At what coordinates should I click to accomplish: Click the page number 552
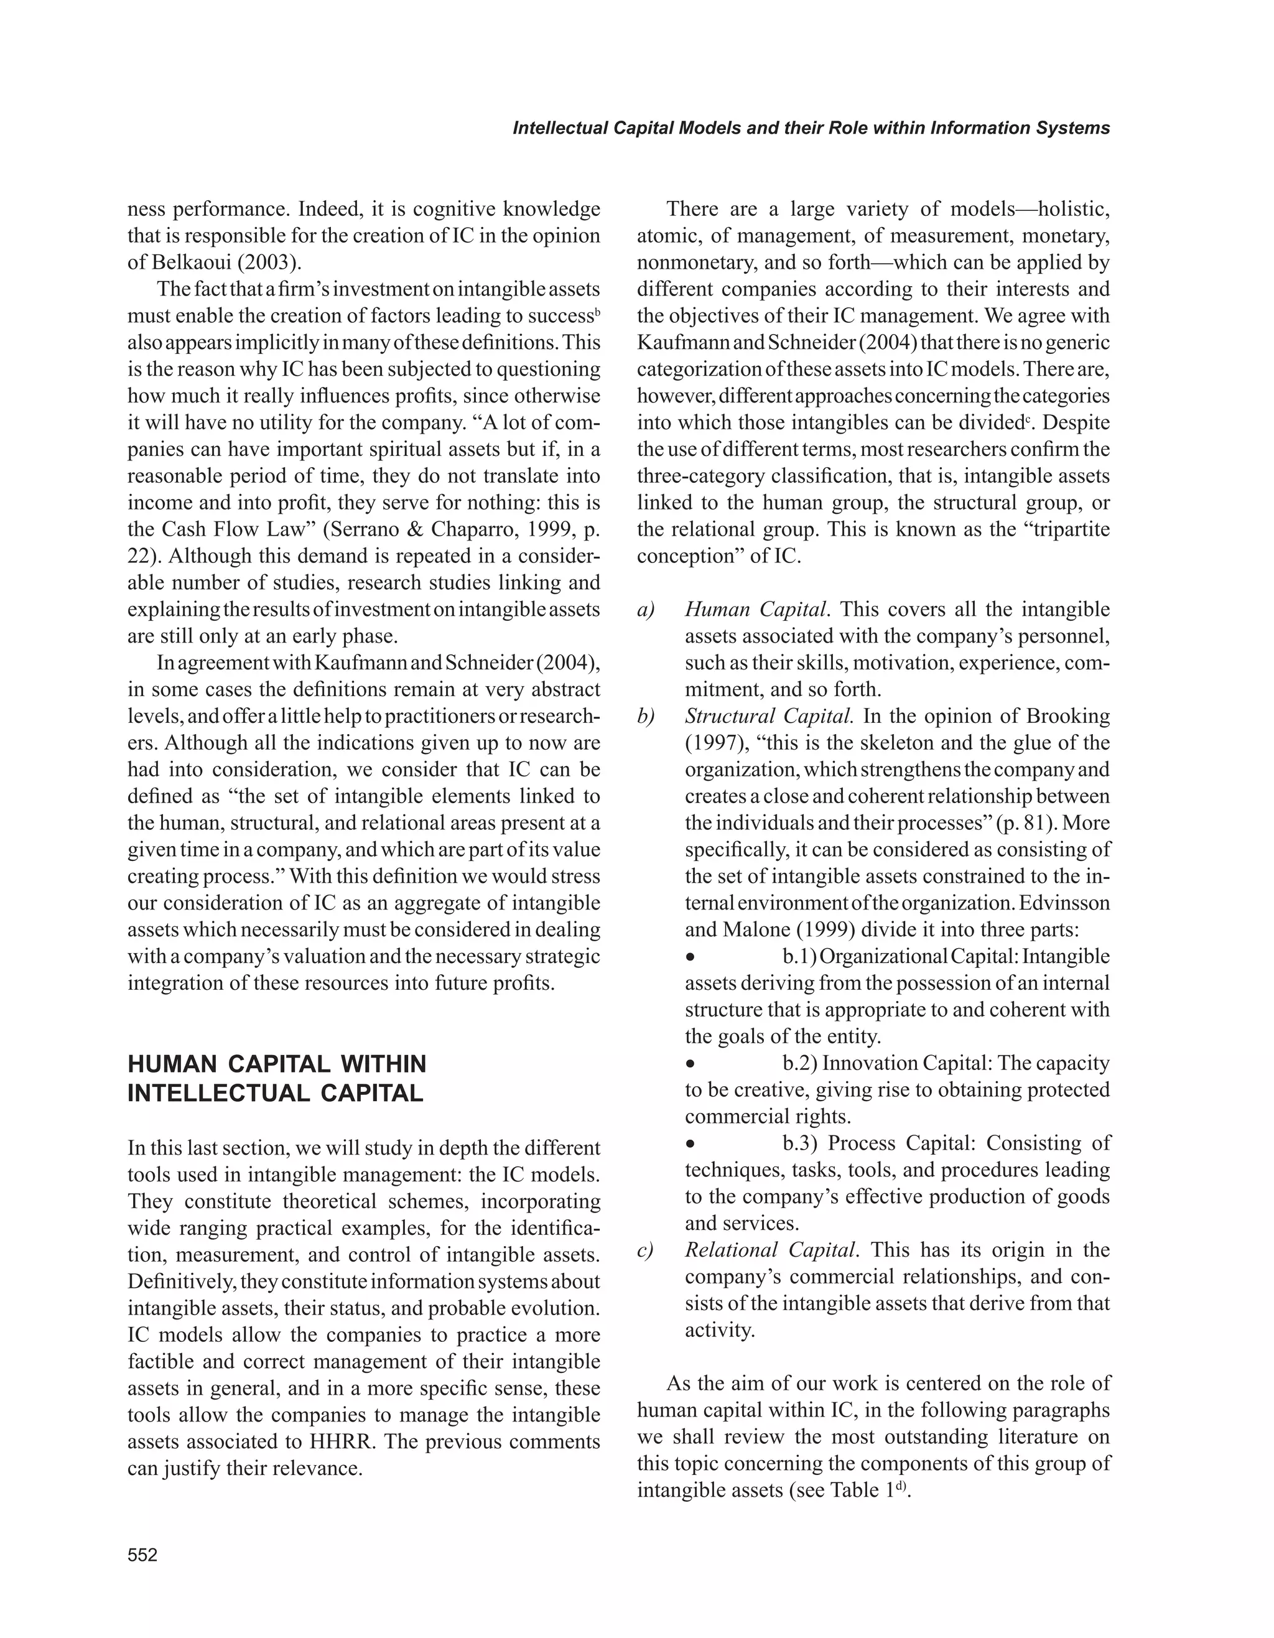(x=142, y=1555)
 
